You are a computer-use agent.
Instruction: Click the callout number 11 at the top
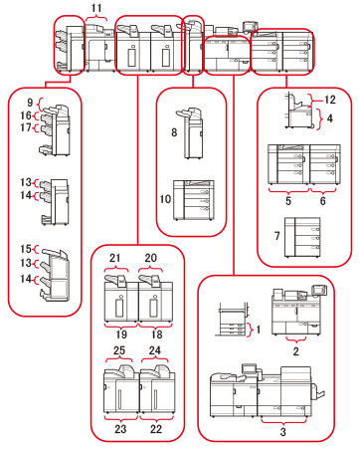96,8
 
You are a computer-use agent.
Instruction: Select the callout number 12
330,100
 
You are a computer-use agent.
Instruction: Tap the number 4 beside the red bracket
330,118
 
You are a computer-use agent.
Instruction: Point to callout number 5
288,200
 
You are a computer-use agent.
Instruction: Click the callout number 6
323,200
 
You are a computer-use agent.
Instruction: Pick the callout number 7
277,236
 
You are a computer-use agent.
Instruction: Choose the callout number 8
174,132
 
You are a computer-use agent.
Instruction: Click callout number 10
165,199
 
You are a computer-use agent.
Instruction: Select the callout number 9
30,103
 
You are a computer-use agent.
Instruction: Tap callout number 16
26,115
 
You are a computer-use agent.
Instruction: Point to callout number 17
26,127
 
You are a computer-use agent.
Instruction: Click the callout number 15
26,249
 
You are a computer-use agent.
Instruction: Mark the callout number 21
114,258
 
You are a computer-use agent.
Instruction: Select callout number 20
151,258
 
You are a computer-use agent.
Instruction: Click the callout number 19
121,334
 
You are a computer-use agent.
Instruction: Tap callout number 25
119,350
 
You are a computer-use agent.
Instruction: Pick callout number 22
156,429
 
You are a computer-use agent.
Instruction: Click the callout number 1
259,330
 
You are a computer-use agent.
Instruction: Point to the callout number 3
282,431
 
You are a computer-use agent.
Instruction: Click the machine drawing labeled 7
302,237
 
